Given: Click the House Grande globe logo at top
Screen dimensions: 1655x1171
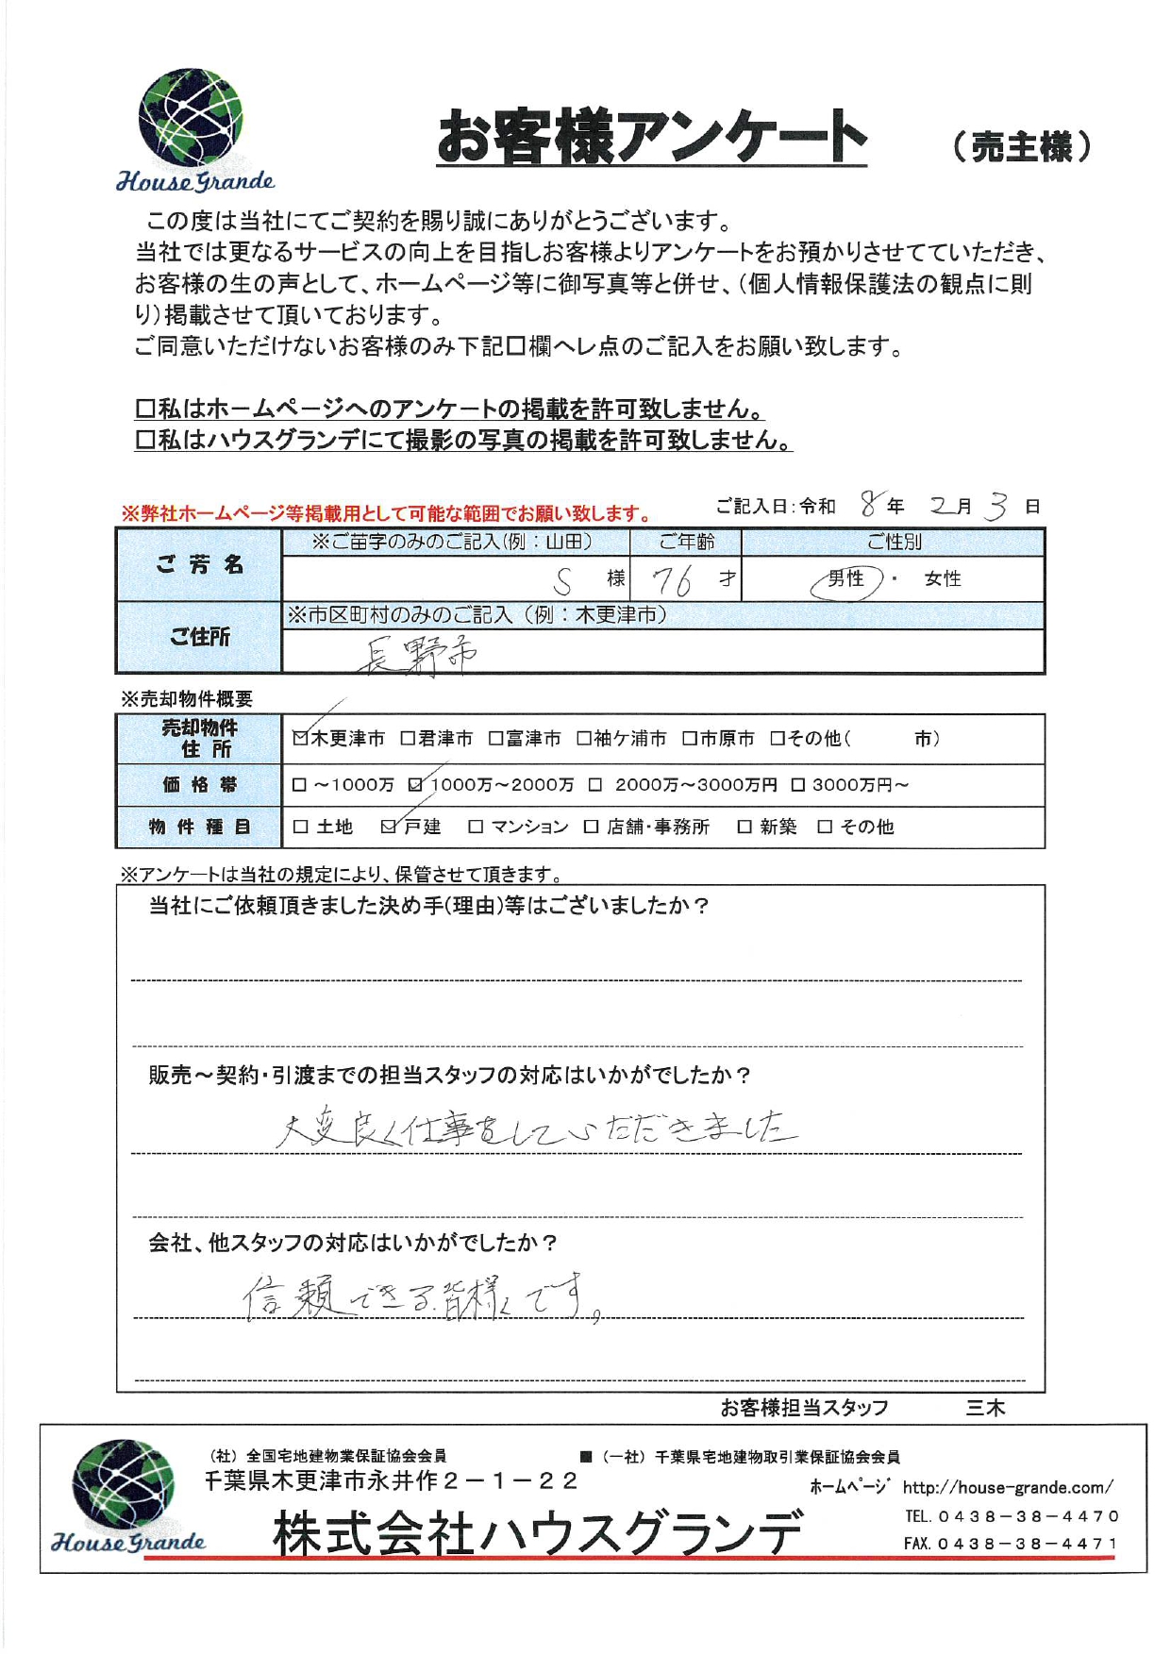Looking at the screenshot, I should (x=191, y=118).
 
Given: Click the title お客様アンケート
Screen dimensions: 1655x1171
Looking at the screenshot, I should (x=651, y=138).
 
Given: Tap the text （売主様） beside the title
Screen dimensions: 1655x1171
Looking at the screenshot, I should (x=1020, y=146).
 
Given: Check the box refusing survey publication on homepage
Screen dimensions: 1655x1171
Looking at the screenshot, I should (x=145, y=410).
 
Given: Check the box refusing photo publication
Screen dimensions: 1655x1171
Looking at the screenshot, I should (x=145, y=441).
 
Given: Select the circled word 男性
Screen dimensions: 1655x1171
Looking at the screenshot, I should (x=845, y=579).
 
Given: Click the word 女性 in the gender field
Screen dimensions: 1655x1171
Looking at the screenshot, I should (x=942, y=579).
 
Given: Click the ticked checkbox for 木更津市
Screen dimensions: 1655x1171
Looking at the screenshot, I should (x=300, y=739).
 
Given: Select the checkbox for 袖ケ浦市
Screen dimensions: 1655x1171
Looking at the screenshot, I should (x=584, y=739).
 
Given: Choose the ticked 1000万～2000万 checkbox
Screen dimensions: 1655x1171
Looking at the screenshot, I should (x=416, y=785).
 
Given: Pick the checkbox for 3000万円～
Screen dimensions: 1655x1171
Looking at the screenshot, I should (x=798, y=785).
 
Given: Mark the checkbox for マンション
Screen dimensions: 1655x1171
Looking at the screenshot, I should (x=476, y=827).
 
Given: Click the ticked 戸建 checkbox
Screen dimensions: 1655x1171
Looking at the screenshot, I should (x=388, y=827).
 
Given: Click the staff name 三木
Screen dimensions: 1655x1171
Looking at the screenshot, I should (x=985, y=1409).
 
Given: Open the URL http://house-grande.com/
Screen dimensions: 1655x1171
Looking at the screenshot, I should (x=1007, y=1488).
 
